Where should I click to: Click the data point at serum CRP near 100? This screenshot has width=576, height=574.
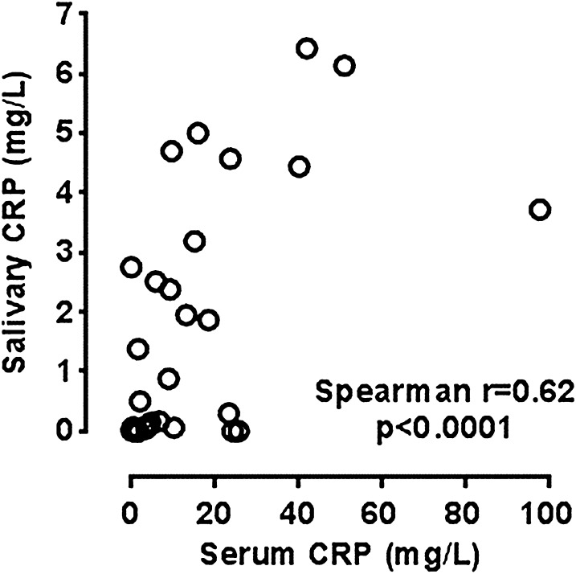tap(540, 209)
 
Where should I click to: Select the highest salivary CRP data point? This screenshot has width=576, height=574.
tap(307, 48)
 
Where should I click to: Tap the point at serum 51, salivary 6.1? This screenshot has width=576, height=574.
tap(345, 66)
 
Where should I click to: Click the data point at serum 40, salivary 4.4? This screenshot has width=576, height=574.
tap(299, 167)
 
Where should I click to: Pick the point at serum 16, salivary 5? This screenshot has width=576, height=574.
tap(198, 133)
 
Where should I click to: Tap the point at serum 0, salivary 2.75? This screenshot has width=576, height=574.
tap(131, 268)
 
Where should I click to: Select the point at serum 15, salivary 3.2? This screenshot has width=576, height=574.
tap(194, 241)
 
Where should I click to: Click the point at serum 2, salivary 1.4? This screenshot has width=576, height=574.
tap(138, 349)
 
